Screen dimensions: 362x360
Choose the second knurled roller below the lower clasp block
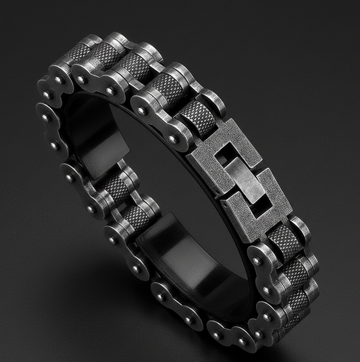(x=295, y=274)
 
